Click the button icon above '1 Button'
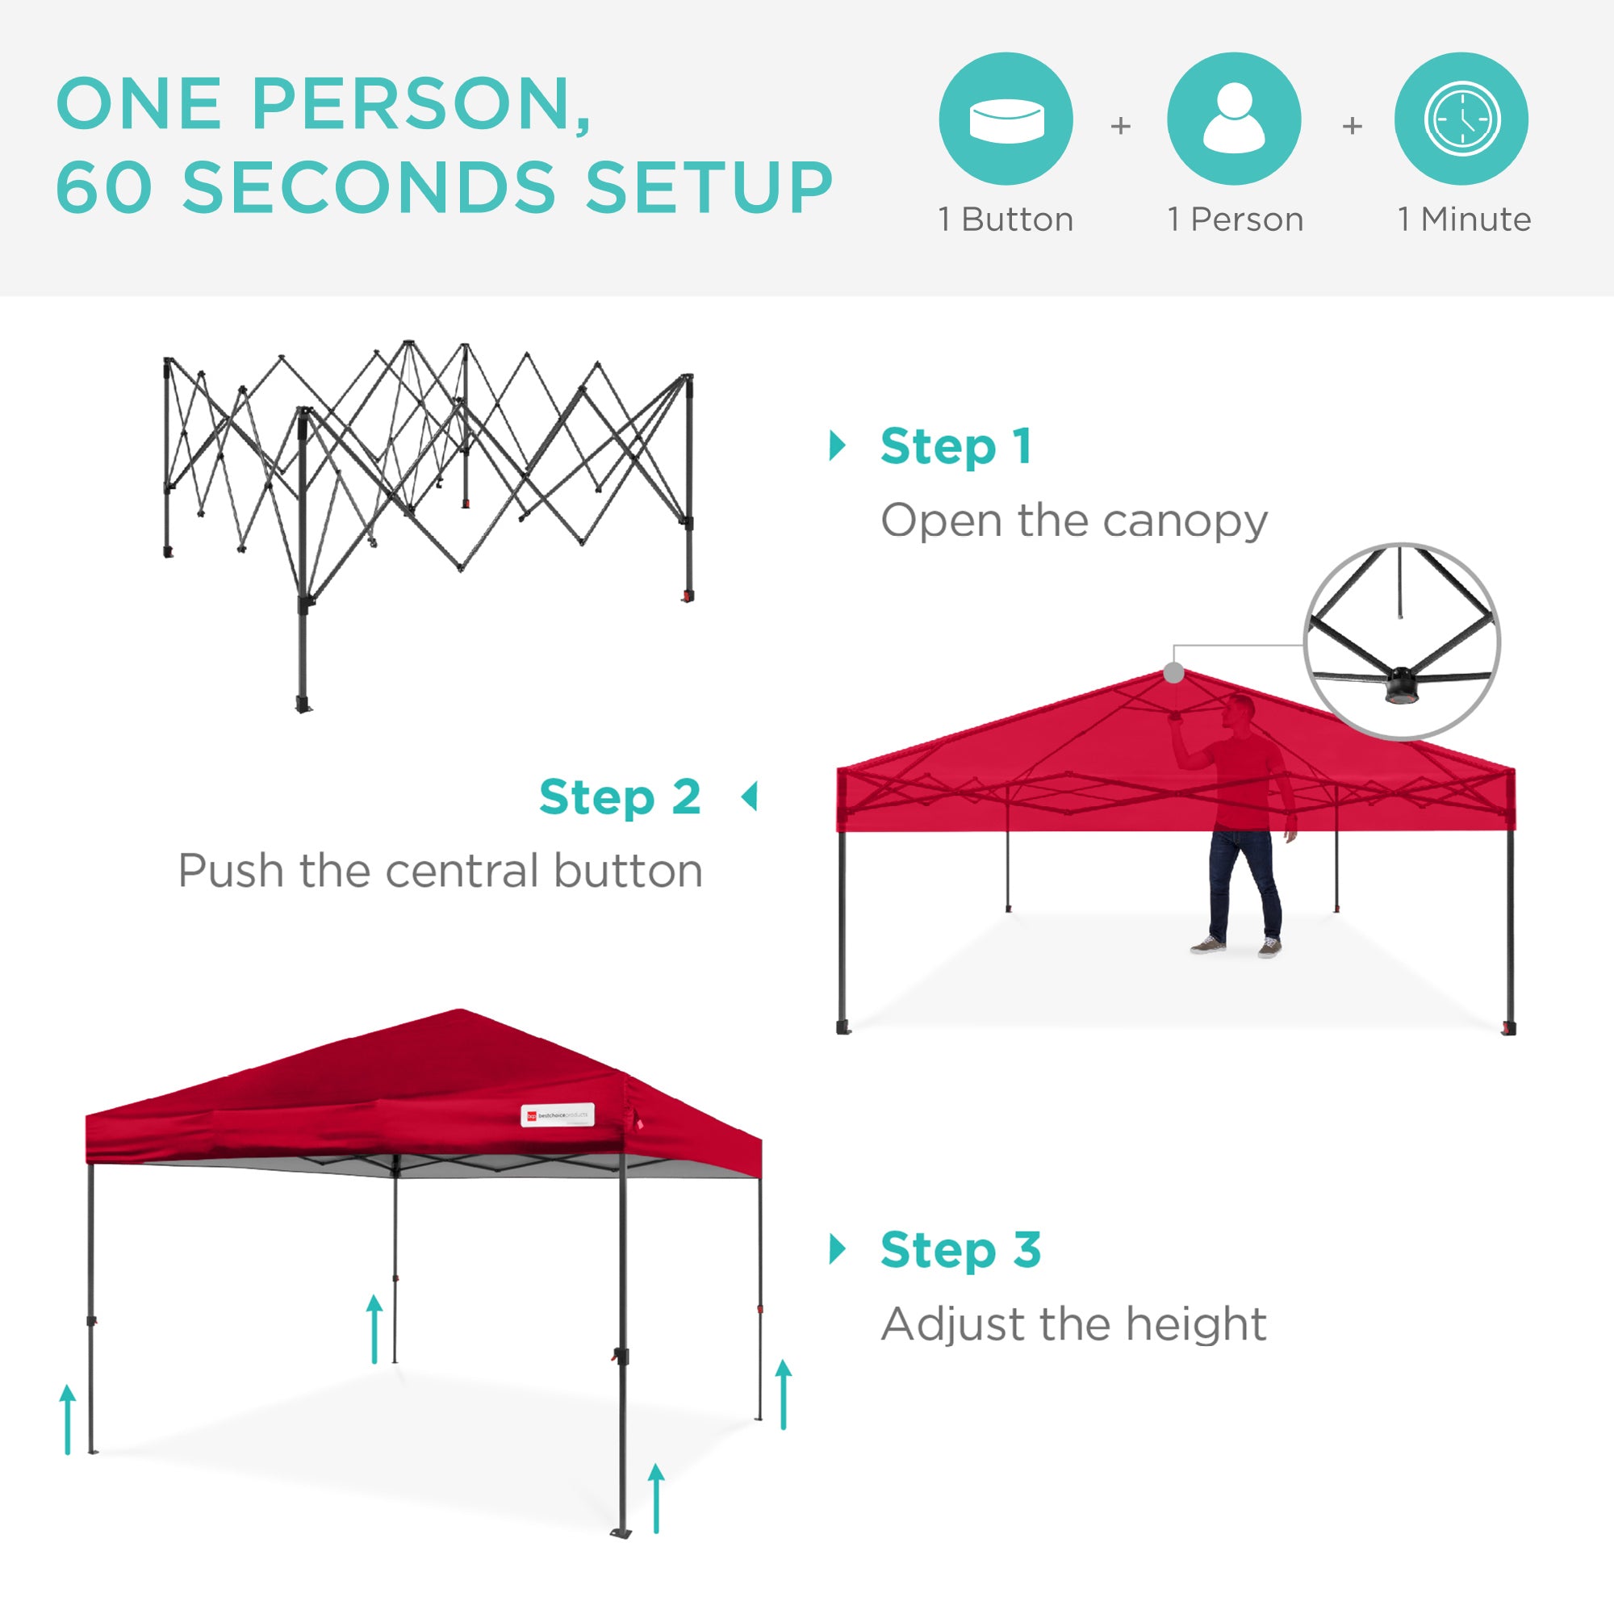[1006, 119]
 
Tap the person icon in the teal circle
[1234, 119]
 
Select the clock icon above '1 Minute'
[1462, 119]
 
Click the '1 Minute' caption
[1465, 220]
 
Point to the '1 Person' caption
[1236, 220]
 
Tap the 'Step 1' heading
[955, 446]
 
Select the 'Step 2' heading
[620, 797]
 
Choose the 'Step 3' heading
[960, 1250]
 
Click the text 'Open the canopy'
[1074, 521]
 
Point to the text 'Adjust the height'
[1074, 1324]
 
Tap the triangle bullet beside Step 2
[751, 797]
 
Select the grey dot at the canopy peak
[1173, 672]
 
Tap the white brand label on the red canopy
[557, 1115]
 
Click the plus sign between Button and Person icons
[1120, 126]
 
